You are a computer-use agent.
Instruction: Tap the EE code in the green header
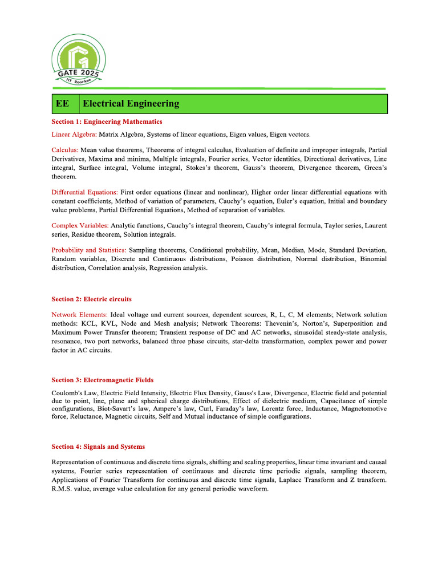pos(62,104)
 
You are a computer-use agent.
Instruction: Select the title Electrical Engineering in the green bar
pos(131,104)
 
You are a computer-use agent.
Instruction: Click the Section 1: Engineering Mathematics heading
pos(107,122)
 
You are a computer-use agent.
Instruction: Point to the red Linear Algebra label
pos(74,135)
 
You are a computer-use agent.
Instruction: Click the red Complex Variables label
pos(80,226)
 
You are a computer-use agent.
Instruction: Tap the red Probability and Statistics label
pos(89,250)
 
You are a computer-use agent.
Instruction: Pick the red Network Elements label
pos(79,315)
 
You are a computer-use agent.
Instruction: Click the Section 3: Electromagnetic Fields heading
pos(102,380)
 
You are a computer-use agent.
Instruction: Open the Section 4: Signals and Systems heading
pos(98,447)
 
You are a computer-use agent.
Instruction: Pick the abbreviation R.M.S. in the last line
pos(62,490)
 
